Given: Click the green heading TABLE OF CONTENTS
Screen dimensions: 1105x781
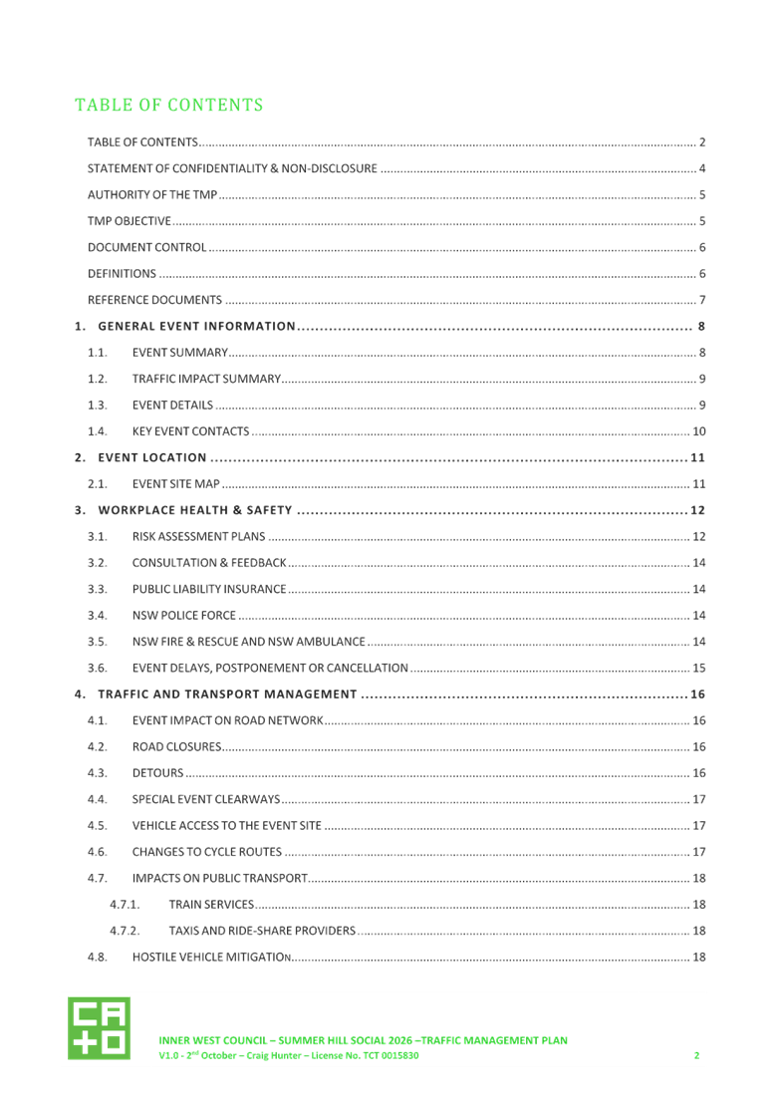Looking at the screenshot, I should (168, 105).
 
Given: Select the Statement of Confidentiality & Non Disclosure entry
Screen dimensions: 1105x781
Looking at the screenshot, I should (232, 169).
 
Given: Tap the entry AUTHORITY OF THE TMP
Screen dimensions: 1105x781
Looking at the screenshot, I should (152, 195).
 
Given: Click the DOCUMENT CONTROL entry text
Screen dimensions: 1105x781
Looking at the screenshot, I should (147, 247).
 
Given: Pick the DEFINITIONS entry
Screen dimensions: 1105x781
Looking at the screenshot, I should (122, 273).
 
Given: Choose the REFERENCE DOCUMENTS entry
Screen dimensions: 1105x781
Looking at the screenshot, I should (154, 300).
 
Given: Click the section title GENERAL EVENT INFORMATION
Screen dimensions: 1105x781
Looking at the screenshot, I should (196, 326).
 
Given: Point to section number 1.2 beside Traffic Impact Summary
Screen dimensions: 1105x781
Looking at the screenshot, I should (97, 379).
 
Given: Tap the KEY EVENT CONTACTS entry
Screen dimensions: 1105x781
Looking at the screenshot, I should (190, 431).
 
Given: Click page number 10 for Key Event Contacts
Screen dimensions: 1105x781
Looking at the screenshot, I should (699, 431).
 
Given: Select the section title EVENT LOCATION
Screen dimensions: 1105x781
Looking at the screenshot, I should (151, 457).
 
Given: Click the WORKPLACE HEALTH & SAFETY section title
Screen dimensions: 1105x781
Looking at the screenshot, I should (194, 510).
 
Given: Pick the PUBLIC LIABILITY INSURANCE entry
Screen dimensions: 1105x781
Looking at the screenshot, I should (209, 589).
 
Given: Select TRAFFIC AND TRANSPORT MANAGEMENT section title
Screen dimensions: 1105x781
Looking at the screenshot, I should (227, 693).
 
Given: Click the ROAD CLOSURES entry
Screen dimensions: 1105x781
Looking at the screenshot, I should (176, 746).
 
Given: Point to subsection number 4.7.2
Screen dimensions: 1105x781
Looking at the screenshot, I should (124, 931).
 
